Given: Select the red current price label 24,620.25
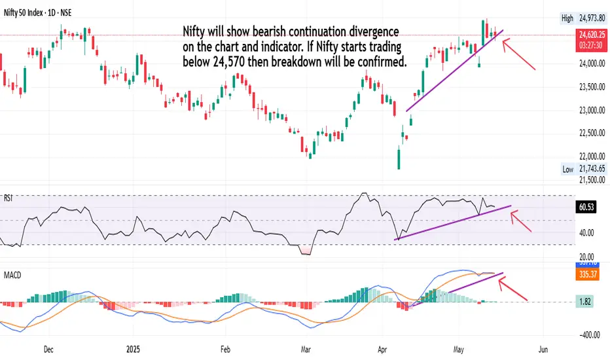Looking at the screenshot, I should click(591, 32).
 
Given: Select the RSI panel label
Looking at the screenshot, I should click(9, 196).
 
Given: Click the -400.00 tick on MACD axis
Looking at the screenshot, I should click(588, 334).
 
